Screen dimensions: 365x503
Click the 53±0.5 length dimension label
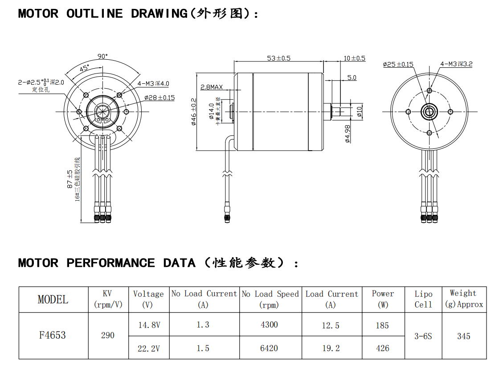click(x=278, y=58)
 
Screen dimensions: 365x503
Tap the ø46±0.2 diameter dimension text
click(x=194, y=112)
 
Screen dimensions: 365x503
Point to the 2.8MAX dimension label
click(x=212, y=87)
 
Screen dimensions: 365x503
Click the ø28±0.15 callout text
click(x=159, y=98)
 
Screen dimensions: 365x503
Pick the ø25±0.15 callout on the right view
click(x=398, y=64)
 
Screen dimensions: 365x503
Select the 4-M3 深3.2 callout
click(x=456, y=64)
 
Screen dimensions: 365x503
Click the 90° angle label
click(x=103, y=57)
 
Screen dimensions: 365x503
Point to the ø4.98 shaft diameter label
click(x=348, y=133)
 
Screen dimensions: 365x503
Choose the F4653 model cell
click(x=53, y=335)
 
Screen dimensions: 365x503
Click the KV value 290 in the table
click(x=108, y=335)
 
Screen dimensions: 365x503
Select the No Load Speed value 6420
click(x=269, y=348)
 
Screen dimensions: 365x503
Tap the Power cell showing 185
click(x=382, y=325)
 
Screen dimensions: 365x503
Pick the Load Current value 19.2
click(x=331, y=348)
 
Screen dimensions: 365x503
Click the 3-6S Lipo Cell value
click(x=423, y=336)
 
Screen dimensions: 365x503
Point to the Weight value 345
click(x=464, y=336)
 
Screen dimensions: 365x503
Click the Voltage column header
click(x=148, y=299)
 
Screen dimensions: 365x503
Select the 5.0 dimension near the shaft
click(x=352, y=78)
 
